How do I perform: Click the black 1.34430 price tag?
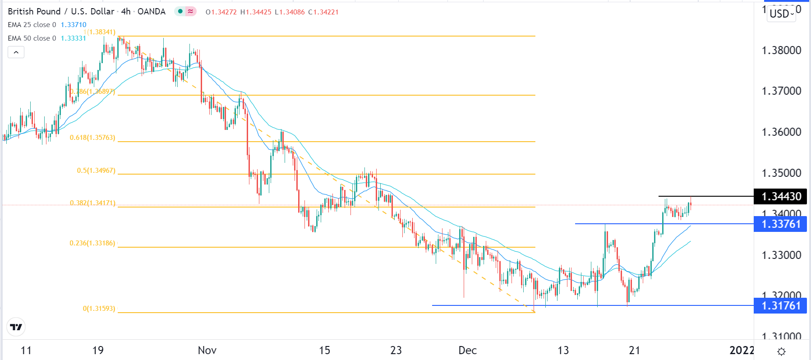click(x=781, y=197)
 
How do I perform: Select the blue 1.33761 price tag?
click(x=781, y=224)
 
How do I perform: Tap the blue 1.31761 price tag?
click(x=781, y=306)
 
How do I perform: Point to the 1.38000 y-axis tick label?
click(x=781, y=50)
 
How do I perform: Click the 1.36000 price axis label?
click(x=781, y=132)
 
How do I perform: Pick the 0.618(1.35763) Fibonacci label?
click(x=92, y=138)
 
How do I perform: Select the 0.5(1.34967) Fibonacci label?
click(x=96, y=171)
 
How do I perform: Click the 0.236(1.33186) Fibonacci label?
click(x=92, y=243)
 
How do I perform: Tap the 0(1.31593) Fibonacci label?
click(x=99, y=309)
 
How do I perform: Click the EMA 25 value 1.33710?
click(x=74, y=25)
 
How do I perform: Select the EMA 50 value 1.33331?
click(x=74, y=38)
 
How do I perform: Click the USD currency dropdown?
click(x=782, y=14)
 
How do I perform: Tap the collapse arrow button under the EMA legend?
click(x=16, y=52)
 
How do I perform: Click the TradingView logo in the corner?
click(x=16, y=327)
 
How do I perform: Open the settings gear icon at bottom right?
click(x=782, y=351)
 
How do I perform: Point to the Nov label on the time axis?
click(x=207, y=351)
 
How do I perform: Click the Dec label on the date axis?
click(x=467, y=351)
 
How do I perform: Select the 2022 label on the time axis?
click(x=742, y=351)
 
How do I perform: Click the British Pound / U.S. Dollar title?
click(x=61, y=12)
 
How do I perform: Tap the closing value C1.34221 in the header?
click(x=323, y=12)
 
